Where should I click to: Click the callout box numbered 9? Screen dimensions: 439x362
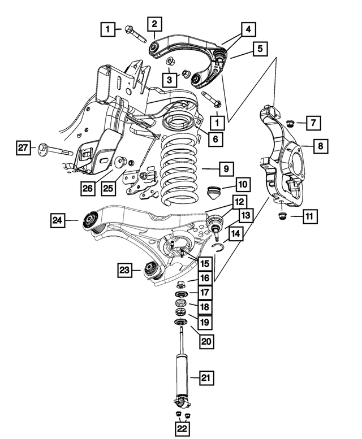pyautogui.click(x=225, y=168)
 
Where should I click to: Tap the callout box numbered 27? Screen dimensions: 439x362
pyautogui.click(x=23, y=148)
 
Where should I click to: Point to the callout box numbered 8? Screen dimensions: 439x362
pyautogui.click(x=320, y=146)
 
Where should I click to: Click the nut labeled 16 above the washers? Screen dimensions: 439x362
pyautogui.click(x=180, y=284)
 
